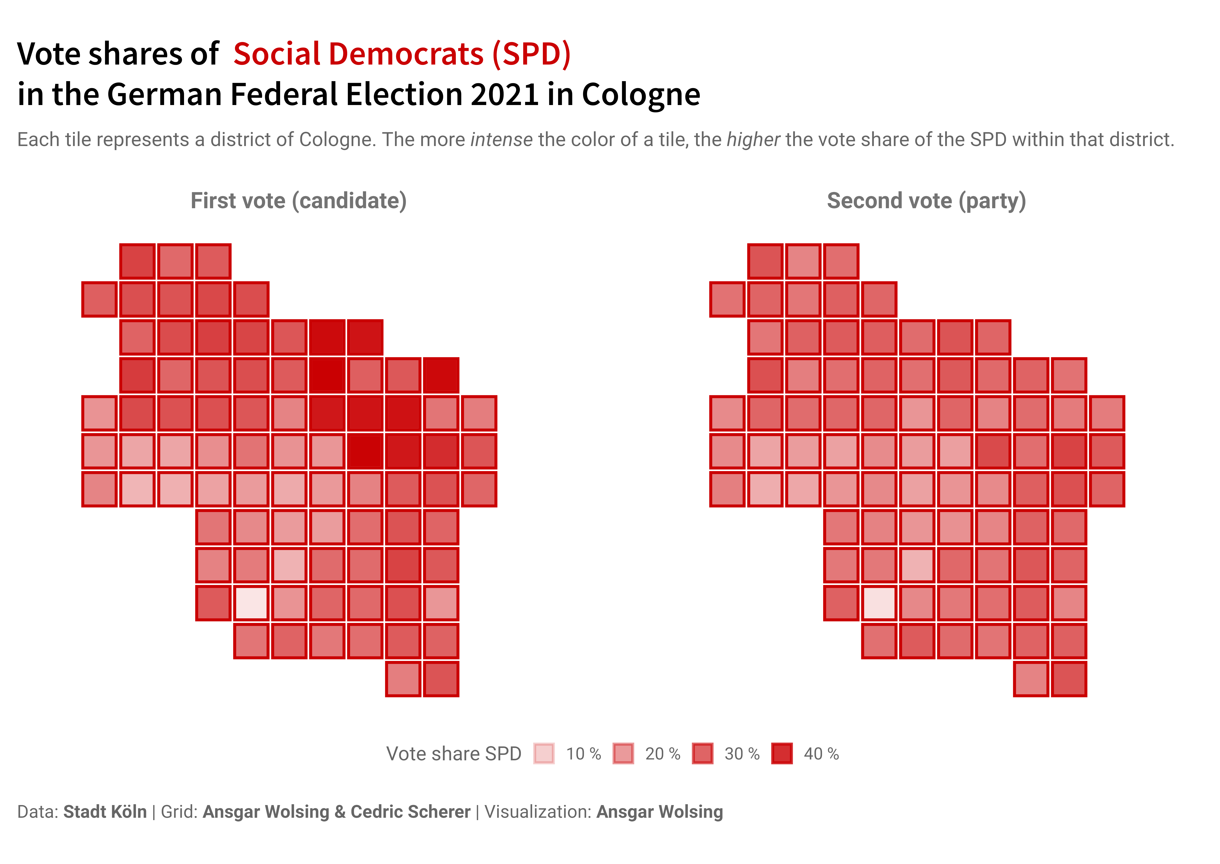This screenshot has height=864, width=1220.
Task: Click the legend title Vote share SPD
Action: click(x=453, y=754)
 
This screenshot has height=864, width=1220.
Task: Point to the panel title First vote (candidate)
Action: click(x=299, y=201)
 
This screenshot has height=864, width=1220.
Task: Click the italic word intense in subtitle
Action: click(x=501, y=140)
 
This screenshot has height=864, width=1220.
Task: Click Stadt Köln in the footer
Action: click(x=105, y=812)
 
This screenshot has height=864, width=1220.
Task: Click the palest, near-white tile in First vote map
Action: click(x=251, y=603)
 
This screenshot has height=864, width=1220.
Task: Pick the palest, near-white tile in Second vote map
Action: click(x=879, y=603)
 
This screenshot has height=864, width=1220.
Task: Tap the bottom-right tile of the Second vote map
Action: click(x=1069, y=679)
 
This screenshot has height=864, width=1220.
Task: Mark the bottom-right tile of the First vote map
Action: click(x=441, y=679)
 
